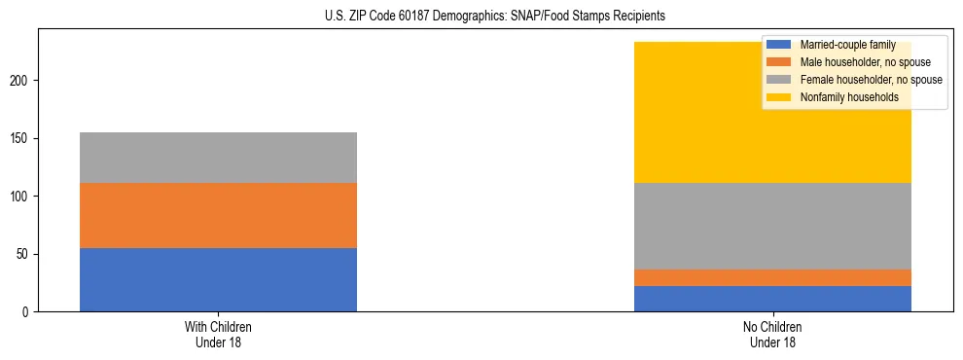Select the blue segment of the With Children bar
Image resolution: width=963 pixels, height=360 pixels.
click(218, 279)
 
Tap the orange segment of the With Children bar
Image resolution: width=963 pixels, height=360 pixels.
click(218, 215)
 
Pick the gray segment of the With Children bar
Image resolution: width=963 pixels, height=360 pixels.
click(218, 158)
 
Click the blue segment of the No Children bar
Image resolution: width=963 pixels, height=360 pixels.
click(772, 299)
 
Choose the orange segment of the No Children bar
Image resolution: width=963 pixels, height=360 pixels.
click(772, 277)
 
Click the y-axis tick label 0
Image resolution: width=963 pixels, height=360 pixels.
click(27, 312)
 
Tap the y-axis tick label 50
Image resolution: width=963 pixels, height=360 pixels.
click(24, 254)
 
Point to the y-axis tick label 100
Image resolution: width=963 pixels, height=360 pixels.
click(21, 197)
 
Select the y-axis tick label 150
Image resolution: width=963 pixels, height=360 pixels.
click(21, 138)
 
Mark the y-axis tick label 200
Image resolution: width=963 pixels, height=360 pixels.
click(21, 81)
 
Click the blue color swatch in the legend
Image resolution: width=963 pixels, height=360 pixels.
click(779, 45)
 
